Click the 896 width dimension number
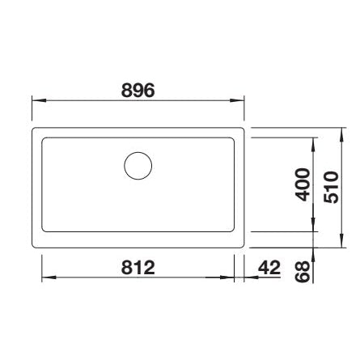138,90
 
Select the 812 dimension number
138,268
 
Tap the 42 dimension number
269,268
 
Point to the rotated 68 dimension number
302,272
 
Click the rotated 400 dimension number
303,184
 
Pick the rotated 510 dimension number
331,187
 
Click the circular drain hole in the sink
138,166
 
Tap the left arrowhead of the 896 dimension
38,100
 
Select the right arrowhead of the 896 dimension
237,100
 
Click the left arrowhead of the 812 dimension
49,277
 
